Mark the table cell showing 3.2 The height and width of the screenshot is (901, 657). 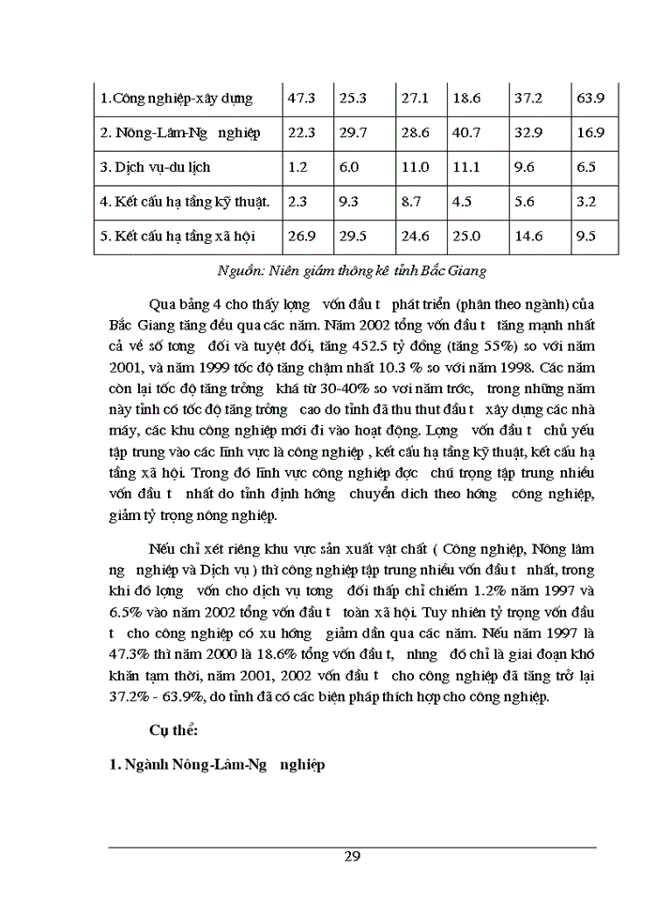tap(588, 202)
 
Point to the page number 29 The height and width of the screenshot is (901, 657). tap(352, 856)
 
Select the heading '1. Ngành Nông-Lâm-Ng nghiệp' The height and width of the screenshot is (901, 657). tap(216, 765)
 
